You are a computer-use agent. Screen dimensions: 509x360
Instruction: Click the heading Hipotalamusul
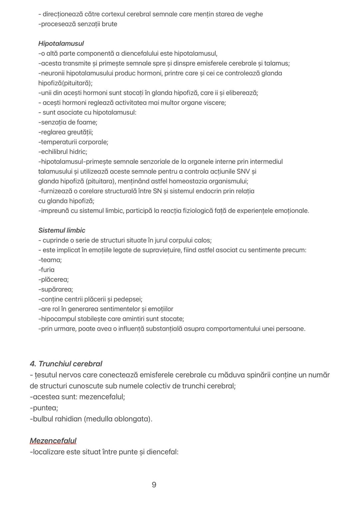coord(61,44)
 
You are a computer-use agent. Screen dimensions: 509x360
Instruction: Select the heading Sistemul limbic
coord(62,231)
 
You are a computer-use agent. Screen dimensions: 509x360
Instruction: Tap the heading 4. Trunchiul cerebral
coord(66,364)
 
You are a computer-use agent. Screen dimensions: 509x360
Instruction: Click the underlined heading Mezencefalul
coord(53,441)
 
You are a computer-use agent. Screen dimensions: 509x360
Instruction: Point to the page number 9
coord(154,485)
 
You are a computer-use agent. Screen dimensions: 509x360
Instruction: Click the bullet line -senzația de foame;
coord(68,123)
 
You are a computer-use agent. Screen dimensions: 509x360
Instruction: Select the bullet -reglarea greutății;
coord(66,132)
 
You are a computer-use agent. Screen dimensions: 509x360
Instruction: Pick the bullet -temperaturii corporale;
coord(73,142)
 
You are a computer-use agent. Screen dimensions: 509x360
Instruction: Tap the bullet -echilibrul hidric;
coord(63,152)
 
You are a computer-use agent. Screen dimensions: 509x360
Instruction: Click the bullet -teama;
coord(50,260)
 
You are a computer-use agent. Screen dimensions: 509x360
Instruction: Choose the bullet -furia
coord(46,270)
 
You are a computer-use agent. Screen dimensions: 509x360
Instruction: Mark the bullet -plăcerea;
coord(53,280)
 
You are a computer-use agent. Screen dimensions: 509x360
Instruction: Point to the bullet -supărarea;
coord(56,289)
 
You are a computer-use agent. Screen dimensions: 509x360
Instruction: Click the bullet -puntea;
coord(44,408)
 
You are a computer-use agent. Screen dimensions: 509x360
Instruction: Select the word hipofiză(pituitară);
coord(65,83)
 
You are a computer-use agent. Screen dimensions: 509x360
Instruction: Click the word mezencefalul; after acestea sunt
coord(102,397)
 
